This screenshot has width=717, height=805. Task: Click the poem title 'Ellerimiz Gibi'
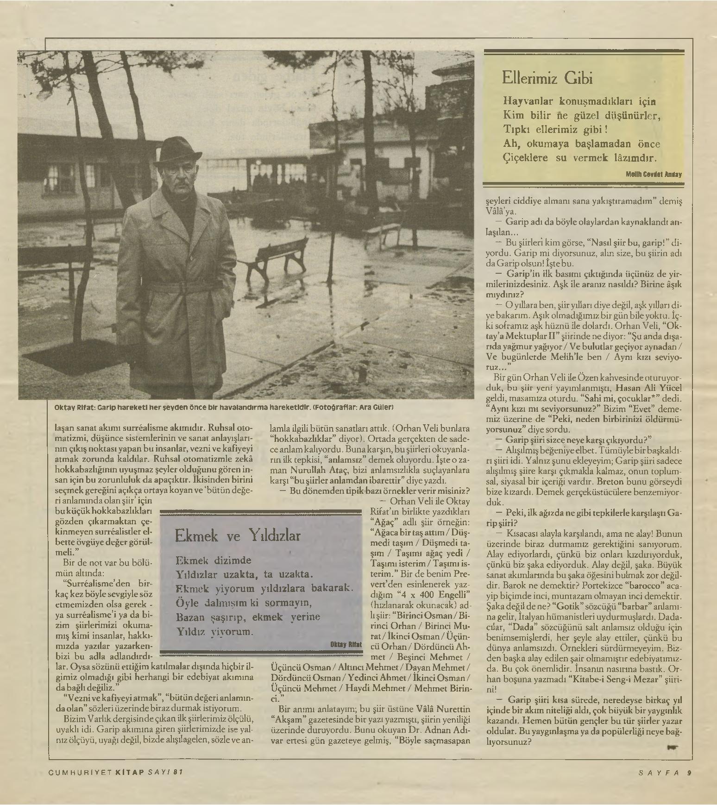pyautogui.click(x=547, y=78)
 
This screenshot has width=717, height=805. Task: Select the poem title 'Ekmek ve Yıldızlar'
pyautogui.click(x=238, y=536)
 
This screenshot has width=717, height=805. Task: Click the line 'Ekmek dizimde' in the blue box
pyautogui.click(x=214, y=560)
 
